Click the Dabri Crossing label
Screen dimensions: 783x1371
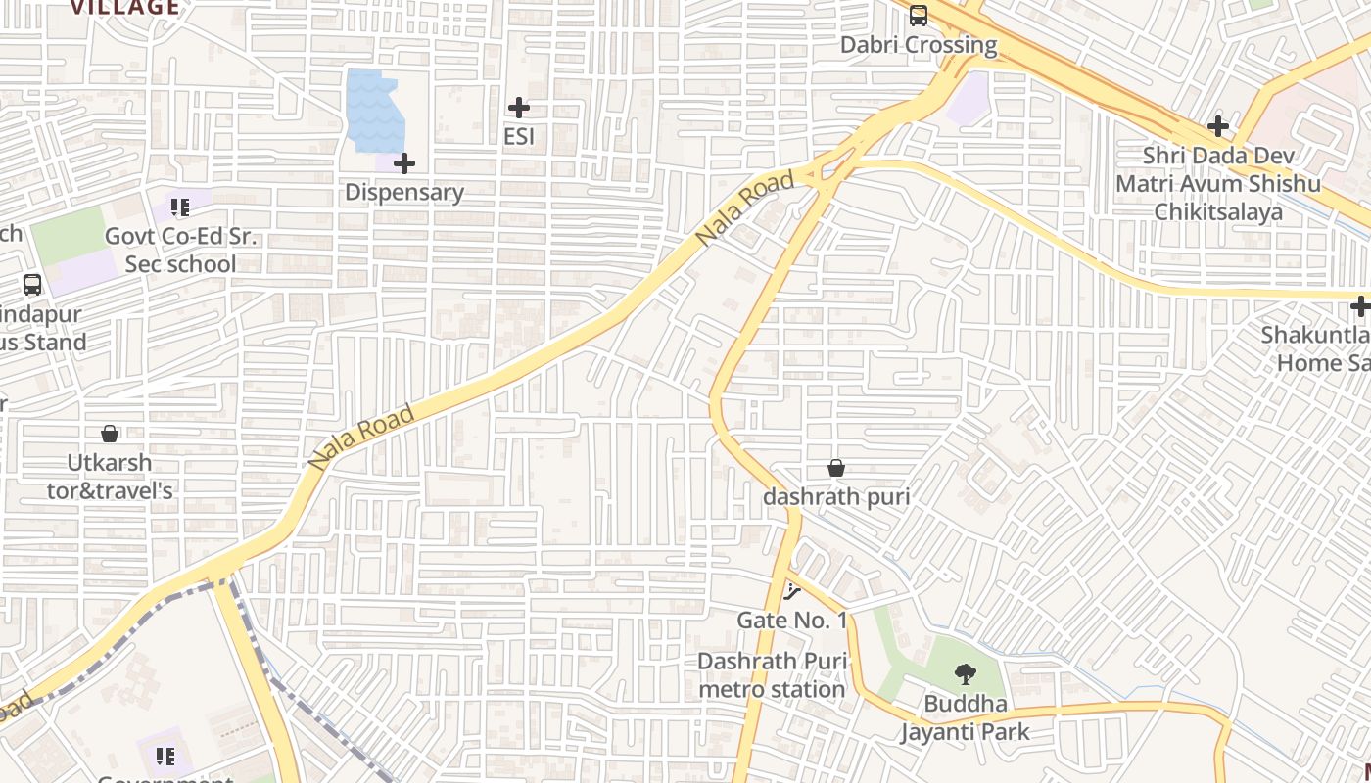(x=919, y=45)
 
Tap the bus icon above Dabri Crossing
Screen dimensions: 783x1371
(x=919, y=15)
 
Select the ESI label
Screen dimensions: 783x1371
(x=519, y=136)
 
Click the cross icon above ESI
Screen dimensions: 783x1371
(x=519, y=108)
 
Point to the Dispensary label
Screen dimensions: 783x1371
(x=404, y=192)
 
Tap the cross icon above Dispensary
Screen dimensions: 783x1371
(x=404, y=163)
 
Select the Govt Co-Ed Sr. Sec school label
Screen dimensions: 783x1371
(x=180, y=251)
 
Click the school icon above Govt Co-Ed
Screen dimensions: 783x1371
(x=180, y=207)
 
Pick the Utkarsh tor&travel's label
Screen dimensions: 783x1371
(x=110, y=476)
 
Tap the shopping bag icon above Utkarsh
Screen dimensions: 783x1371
(x=110, y=433)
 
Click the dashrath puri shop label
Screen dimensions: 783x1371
(x=836, y=496)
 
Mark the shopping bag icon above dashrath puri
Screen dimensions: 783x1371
(x=836, y=468)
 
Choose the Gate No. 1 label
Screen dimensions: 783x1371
(x=791, y=620)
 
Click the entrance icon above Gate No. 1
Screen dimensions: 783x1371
(x=791, y=591)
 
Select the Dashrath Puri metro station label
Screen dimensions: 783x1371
(x=772, y=675)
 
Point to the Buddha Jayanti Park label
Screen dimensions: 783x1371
(x=966, y=717)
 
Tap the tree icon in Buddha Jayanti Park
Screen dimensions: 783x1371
(x=966, y=674)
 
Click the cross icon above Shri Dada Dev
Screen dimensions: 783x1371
(x=1218, y=126)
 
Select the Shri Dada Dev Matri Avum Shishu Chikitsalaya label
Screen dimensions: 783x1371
(x=1218, y=184)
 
